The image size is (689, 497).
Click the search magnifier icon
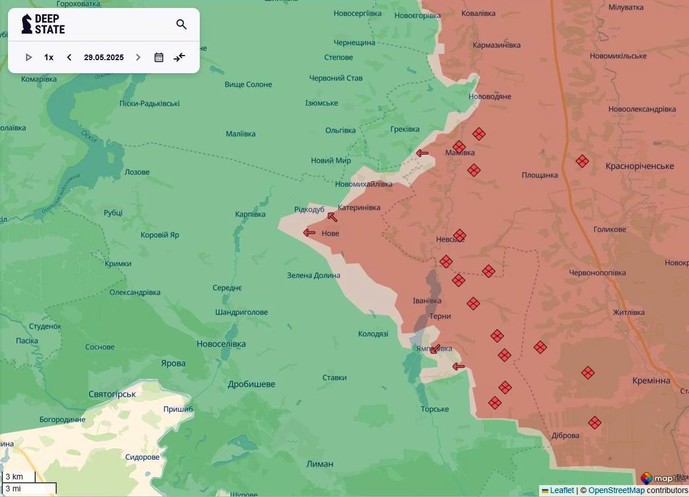(x=182, y=24)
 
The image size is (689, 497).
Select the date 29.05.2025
(x=104, y=57)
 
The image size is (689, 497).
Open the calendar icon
(x=159, y=57)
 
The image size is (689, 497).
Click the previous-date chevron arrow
(x=69, y=57)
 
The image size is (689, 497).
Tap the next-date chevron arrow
(x=138, y=57)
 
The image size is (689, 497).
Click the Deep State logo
(x=43, y=24)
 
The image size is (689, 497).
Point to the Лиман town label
(x=320, y=464)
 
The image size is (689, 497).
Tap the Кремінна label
(x=651, y=381)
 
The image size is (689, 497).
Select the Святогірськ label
(x=112, y=394)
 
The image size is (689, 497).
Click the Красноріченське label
(x=640, y=166)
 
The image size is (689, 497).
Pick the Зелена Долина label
(x=314, y=275)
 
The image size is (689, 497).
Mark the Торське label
(x=435, y=409)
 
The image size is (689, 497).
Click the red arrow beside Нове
(x=309, y=233)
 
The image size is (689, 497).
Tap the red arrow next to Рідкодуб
(x=333, y=217)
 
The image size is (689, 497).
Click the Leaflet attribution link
(x=561, y=490)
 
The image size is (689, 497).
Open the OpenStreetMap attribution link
(x=616, y=490)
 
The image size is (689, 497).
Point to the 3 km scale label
(x=14, y=477)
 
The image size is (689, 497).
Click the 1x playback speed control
(x=49, y=57)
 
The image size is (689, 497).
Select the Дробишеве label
(x=251, y=384)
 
